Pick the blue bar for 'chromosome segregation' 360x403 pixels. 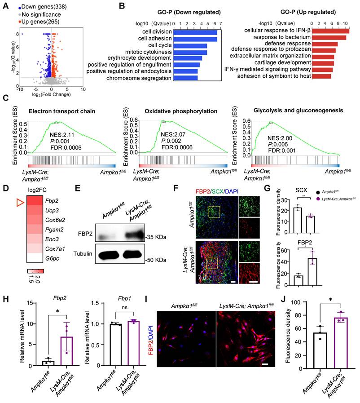tap(186, 78)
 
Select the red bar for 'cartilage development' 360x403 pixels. tap(324, 62)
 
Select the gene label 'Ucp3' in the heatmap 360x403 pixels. tap(50, 213)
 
